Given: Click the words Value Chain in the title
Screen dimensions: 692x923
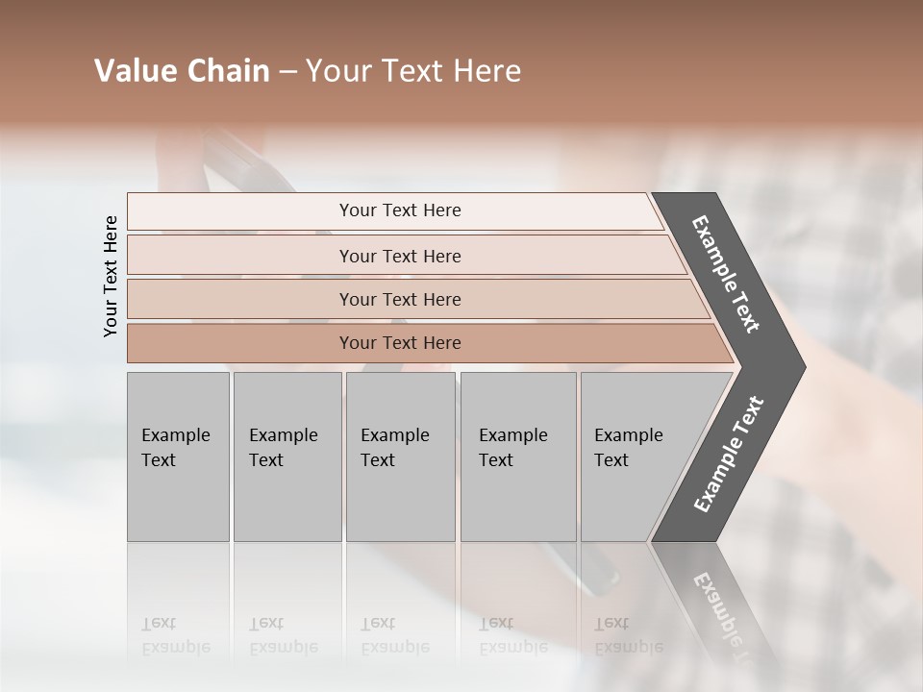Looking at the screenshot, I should click(x=182, y=71).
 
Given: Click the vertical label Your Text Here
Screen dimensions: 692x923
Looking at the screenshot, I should click(x=111, y=276).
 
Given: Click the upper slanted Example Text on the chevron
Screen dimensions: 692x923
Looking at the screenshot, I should click(x=726, y=274).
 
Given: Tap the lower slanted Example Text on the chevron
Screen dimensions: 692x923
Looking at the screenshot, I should click(x=728, y=455).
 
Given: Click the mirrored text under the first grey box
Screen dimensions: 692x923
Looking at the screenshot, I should click(x=175, y=635).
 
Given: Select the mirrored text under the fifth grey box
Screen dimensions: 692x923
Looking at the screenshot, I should click(x=628, y=635).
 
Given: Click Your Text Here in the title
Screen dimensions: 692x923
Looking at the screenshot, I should click(x=413, y=71).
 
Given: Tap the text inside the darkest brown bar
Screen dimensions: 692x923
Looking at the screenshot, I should click(x=400, y=343).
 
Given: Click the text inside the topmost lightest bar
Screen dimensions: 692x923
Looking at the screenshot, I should click(x=400, y=210).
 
